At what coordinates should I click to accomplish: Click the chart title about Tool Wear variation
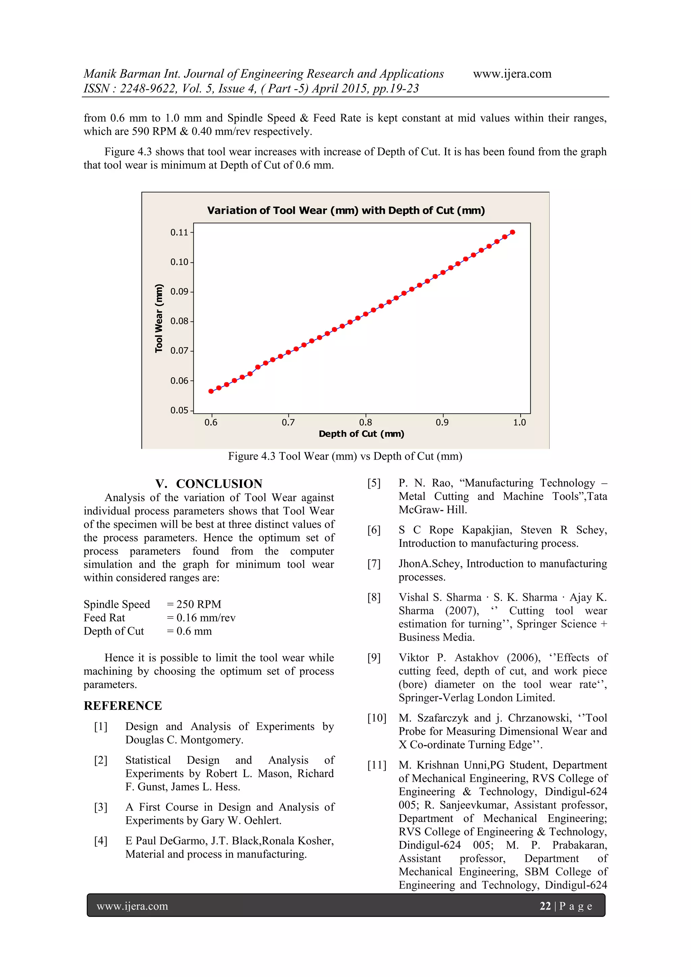(x=345, y=211)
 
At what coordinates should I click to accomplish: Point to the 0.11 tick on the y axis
(x=179, y=232)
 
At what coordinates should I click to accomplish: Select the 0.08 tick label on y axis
(x=179, y=321)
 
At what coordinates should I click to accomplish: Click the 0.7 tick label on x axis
(x=288, y=423)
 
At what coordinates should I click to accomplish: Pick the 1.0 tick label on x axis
(x=519, y=423)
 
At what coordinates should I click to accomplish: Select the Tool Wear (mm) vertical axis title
(x=159, y=318)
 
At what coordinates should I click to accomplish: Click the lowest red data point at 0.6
(x=211, y=391)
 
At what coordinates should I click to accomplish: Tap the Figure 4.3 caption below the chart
(x=344, y=457)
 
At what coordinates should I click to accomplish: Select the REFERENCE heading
(x=122, y=706)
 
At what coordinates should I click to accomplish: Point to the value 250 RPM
(x=199, y=605)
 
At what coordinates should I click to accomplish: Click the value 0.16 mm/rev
(x=206, y=618)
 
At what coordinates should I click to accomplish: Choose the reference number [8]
(x=374, y=597)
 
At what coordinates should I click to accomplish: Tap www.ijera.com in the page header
(x=512, y=74)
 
